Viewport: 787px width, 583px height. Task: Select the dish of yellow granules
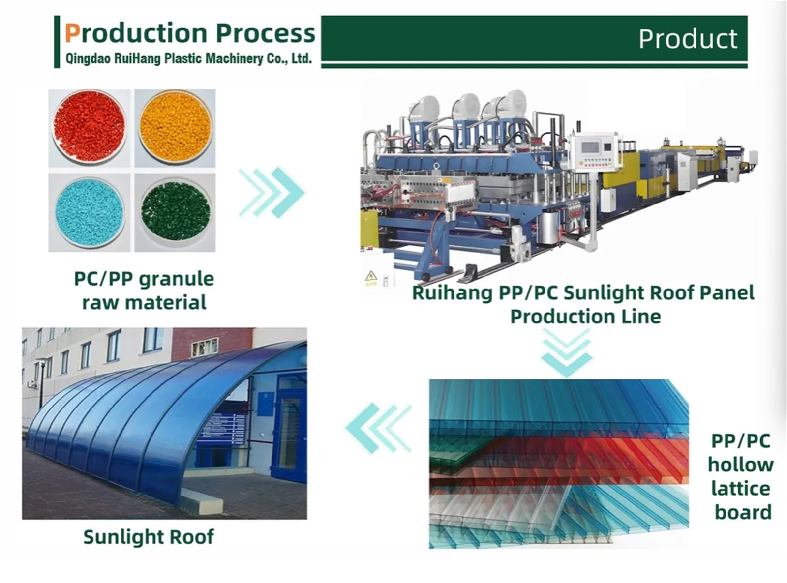pyautogui.click(x=175, y=127)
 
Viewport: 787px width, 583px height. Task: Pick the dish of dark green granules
pyautogui.click(x=175, y=211)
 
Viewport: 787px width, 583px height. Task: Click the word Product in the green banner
pyautogui.click(x=688, y=39)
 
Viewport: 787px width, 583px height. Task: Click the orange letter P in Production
pyautogui.click(x=72, y=33)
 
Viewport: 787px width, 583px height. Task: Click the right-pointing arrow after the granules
pyautogui.click(x=272, y=192)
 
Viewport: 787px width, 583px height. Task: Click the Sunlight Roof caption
pyautogui.click(x=149, y=537)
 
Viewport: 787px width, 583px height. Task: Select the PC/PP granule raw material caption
pyautogui.click(x=144, y=291)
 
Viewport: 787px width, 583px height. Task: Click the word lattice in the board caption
pyautogui.click(x=741, y=489)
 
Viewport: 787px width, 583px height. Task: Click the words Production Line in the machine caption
pyautogui.click(x=585, y=316)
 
